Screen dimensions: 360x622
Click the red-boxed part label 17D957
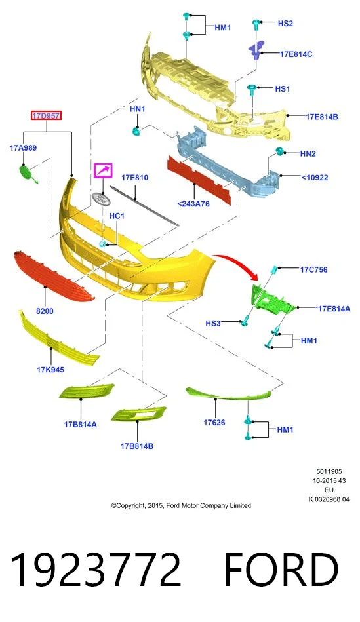47,116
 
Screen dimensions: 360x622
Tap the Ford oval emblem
101,199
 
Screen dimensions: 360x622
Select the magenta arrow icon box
103,170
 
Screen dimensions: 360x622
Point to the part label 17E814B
322,117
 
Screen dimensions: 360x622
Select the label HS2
285,24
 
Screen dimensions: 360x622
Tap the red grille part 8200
54,276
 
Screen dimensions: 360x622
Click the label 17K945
50,370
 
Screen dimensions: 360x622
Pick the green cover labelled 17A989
28,174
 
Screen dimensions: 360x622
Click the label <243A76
193,204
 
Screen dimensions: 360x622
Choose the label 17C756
313,270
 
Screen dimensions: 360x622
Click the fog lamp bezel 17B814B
138,414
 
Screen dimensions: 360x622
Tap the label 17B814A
81,425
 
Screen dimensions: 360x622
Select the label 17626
214,423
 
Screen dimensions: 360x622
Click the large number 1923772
96,570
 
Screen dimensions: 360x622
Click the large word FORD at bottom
281,570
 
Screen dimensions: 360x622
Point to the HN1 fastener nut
135,130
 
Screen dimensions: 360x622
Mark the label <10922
315,178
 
